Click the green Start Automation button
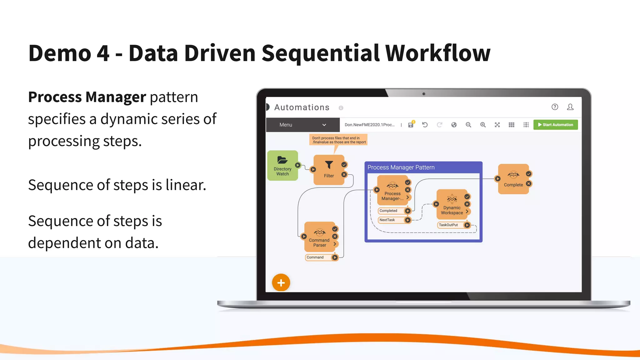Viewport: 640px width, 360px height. pos(555,125)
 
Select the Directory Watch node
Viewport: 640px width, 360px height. pos(282,166)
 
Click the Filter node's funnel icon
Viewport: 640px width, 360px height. pos(329,165)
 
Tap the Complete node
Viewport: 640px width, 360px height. pos(513,179)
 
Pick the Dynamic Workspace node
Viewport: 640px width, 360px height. pos(452,205)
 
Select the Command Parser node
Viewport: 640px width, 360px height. pos(319,237)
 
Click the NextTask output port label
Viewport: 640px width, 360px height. pos(387,220)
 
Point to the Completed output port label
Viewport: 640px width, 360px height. pos(388,211)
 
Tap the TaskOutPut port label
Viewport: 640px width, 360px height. pos(448,225)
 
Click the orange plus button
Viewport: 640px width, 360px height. pos(281,283)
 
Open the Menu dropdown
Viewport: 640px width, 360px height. pos(302,125)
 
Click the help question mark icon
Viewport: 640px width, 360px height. pos(555,107)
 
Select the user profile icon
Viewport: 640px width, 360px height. pos(570,107)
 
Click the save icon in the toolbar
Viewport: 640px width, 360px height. pos(411,125)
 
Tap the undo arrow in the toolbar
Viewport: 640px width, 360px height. pos(425,125)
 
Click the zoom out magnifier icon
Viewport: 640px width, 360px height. pos(468,125)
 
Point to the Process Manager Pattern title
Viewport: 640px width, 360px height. pos(401,167)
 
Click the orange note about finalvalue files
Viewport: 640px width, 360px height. pos(339,140)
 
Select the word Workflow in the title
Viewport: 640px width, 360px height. pos(437,53)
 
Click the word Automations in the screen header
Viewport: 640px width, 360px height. pos(302,107)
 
